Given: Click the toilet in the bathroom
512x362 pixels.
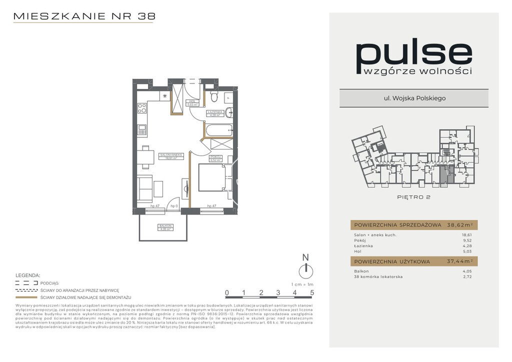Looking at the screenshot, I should pos(214,94).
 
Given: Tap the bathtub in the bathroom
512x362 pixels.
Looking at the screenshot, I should pos(218,130).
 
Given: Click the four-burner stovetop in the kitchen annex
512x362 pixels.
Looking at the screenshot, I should pos(142,107).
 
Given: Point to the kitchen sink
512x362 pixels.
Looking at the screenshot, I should pos(142,130).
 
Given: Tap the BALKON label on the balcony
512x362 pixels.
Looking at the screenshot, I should pos(165,226).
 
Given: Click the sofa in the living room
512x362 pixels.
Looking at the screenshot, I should pos(145,188).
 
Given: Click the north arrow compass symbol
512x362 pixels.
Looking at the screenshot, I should pos(305,270).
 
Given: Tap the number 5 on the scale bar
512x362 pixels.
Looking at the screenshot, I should pos(312,292).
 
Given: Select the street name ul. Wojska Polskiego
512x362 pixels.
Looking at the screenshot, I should pos(413,98).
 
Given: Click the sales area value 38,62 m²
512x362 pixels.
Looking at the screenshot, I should pos(459,225).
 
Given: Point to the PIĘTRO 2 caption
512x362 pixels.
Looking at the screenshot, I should pos(414,197).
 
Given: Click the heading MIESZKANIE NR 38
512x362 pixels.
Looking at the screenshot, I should pos(84,16).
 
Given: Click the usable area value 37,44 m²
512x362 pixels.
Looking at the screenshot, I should pos(459,261).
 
